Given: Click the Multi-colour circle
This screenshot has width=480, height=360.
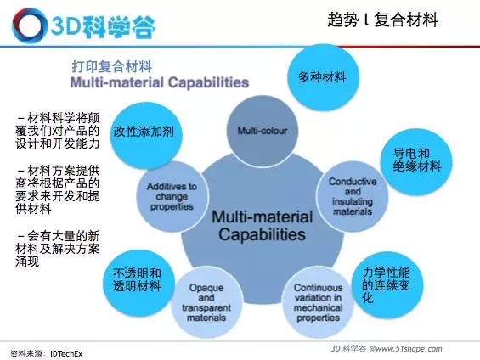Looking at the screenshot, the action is coord(263,131).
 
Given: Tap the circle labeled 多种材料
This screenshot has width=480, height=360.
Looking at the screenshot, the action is coord(323,76).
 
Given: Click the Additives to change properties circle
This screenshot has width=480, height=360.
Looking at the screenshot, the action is coord(172,196).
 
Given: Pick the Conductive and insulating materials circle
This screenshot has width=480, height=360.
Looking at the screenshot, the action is coord(352,196).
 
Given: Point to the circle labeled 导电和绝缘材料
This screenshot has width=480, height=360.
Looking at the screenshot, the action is coord(416,162).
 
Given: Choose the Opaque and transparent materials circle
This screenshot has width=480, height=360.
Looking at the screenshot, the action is coord(206,302).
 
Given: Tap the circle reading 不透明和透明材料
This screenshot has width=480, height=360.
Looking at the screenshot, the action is coord(138,283).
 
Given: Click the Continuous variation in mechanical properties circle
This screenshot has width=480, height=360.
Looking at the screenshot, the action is coord(318,302).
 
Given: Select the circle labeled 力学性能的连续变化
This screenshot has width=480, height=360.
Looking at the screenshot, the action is coord(387,285).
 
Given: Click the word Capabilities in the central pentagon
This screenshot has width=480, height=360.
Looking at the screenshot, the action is coord(262,234).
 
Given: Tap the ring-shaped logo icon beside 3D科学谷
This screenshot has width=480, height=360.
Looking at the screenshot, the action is coord(28,25).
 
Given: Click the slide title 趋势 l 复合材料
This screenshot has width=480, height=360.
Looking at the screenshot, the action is coord(382,20).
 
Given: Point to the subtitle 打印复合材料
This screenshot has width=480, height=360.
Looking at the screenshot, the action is coord(112,66).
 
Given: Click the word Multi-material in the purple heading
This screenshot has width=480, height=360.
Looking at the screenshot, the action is coord(117,82).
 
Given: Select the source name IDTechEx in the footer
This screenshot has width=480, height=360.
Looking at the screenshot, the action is coord(66,354).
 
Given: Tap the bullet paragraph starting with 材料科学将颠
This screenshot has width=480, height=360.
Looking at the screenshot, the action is coord(58,131).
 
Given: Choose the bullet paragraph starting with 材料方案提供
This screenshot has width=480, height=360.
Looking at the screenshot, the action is coord(58,190).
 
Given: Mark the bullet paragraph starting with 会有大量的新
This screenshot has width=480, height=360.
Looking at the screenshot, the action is coord(58,249).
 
